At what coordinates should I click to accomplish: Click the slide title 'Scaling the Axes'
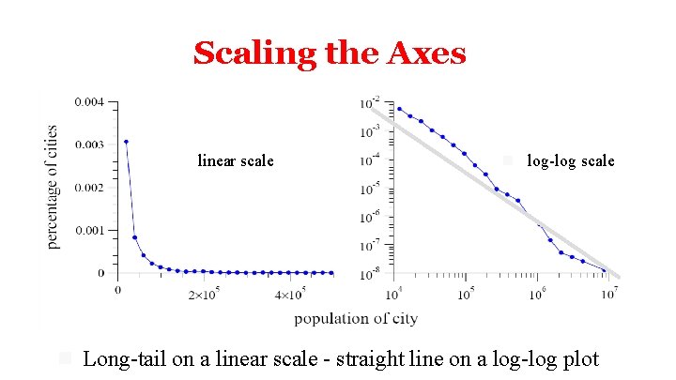click(x=330, y=53)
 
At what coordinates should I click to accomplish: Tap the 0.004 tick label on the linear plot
click(x=91, y=101)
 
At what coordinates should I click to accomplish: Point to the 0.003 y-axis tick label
click(x=91, y=144)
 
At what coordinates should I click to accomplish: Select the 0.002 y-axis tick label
click(x=91, y=188)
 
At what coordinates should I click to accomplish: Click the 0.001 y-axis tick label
click(x=91, y=230)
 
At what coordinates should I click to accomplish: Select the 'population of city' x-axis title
click(x=356, y=319)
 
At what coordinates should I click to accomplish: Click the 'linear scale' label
click(x=236, y=161)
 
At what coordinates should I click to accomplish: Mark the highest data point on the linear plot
click(x=126, y=142)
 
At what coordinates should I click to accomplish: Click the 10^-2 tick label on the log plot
click(x=373, y=101)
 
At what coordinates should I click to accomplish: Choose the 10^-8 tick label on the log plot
click(x=373, y=272)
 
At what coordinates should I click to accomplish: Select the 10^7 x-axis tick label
click(x=608, y=294)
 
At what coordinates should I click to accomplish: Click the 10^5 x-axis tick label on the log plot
click(x=465, y=294)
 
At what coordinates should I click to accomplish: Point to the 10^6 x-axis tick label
click(x=537, y=294)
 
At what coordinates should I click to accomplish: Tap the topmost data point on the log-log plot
click(x=399, y=109)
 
